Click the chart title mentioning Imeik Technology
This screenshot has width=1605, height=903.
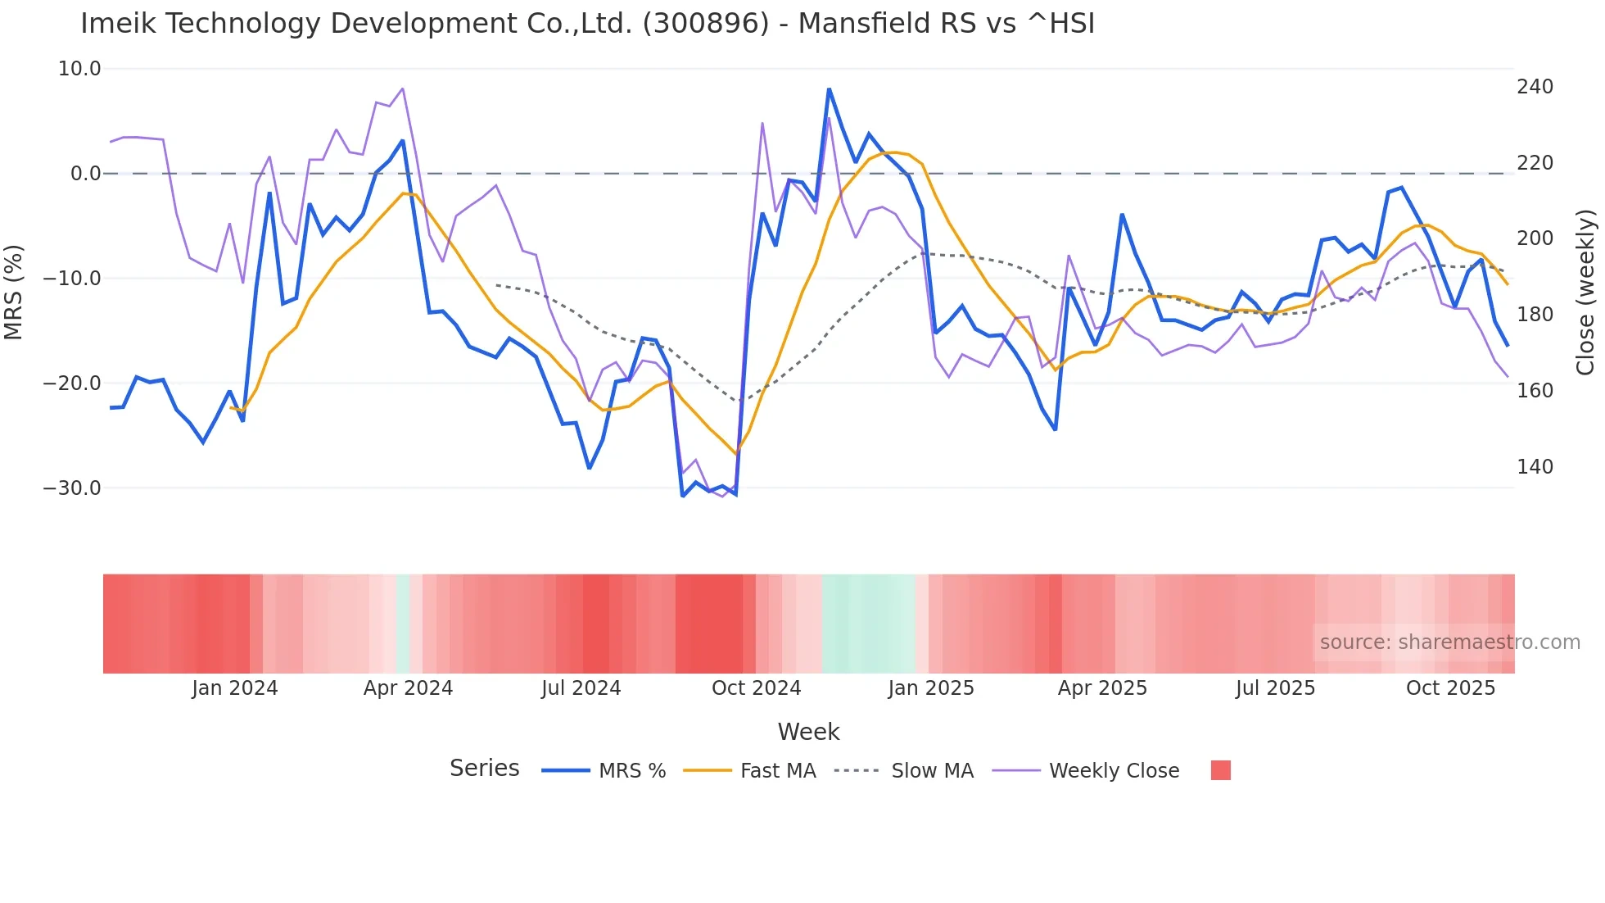point(587,24)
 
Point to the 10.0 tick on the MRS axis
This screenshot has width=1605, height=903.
point(79,69)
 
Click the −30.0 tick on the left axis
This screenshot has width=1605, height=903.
point(72,488)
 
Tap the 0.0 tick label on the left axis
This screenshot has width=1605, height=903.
point(85,174)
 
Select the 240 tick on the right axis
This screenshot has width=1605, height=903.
point(1535,87)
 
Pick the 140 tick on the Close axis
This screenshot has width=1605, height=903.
point(1535,467)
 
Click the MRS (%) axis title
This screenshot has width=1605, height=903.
point(14,292)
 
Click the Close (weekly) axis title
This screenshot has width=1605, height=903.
point(1585,293)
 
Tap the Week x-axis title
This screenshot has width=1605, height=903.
point(808,732)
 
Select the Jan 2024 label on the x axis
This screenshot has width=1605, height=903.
point(235,688)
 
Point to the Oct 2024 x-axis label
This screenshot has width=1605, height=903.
point(756,688)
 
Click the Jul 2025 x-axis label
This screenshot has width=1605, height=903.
point(1275,688)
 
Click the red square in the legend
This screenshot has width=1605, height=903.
point(1220,770)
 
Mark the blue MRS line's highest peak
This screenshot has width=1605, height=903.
point(829,88)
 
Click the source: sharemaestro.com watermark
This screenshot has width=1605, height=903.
point(1449,642)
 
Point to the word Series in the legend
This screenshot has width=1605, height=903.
point(484,769)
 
